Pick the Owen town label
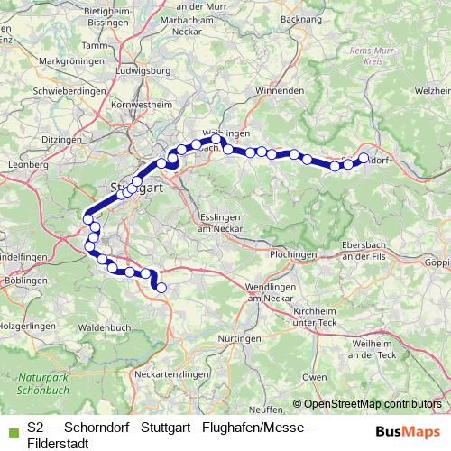coord(315,375)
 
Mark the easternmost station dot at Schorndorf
coord(364,158)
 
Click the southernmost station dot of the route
coord(161,288)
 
